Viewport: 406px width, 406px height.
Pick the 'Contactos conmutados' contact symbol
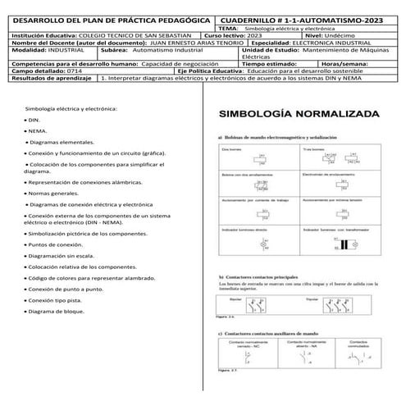click(358, 358)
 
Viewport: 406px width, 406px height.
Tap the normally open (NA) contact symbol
click(303, 358)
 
